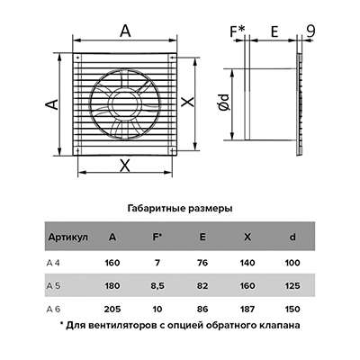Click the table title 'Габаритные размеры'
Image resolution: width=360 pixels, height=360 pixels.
180,209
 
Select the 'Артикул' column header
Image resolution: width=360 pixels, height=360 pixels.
68,238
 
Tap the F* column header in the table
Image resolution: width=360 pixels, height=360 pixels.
157,237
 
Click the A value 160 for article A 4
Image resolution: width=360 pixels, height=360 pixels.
112,263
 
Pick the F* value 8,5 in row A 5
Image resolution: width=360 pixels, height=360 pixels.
157,286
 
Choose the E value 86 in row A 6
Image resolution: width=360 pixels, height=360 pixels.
202,309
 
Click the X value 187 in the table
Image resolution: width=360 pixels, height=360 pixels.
247,309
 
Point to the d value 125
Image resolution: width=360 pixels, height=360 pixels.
292,286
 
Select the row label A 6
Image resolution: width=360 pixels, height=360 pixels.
53,309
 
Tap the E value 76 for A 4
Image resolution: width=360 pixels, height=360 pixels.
202,263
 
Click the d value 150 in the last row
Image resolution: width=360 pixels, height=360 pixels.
292,309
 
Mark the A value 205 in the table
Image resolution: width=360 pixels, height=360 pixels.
112,309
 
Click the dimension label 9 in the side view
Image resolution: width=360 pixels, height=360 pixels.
310,31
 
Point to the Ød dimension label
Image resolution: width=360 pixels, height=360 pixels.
224,103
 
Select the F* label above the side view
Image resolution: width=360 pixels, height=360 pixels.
238,31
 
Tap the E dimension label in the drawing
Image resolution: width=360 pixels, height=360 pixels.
274,31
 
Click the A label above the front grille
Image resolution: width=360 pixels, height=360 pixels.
125,31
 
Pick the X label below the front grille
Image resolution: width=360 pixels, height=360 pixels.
125,166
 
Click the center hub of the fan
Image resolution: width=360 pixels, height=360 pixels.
125,105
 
